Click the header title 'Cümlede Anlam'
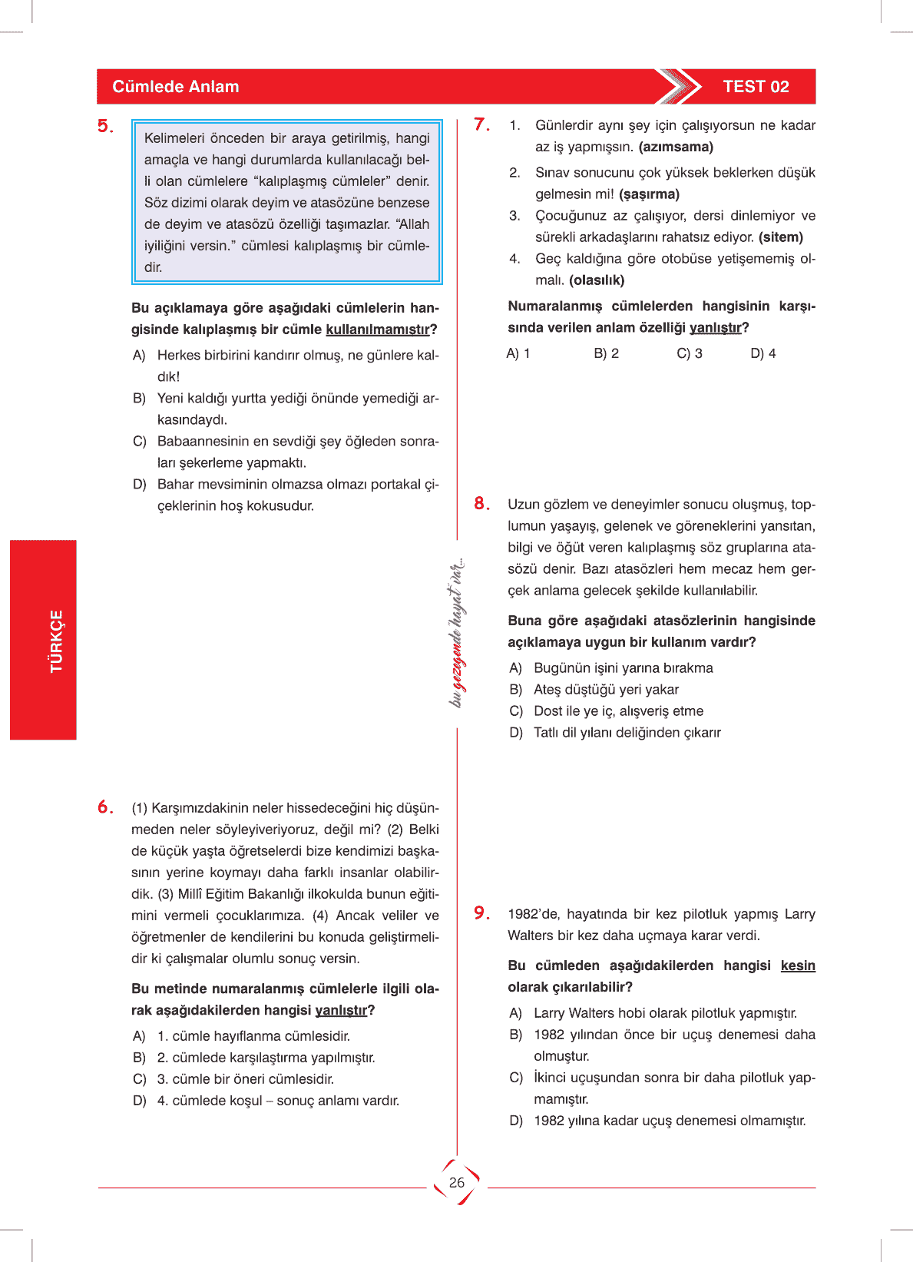point(175,87)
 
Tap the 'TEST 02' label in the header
point(756,87)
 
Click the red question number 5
point(104,127)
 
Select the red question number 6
point(104,807)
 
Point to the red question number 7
point(481,124)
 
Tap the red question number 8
point(481,504)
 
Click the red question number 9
point(481,913)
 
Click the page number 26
point(457,1182)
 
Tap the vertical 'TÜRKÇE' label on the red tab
point(57,641)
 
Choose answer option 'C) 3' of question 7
point(689,353)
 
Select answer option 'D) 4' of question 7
point(762,353)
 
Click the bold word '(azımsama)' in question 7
point(676,147)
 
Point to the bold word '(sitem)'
point(780,237)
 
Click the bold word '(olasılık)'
point(597,280)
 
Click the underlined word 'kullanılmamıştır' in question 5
point(377,330)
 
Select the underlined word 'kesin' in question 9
point(798,966)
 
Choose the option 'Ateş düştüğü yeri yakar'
point(606,690)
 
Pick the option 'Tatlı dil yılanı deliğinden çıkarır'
point(627,733)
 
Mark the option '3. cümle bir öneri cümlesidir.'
point(245,1079)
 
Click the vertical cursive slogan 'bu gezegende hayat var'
point(457,634)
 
